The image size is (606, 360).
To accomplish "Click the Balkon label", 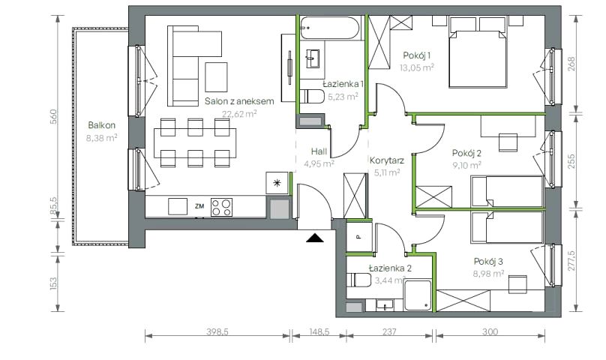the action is pos(102,125).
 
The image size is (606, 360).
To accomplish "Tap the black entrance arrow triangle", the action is pos(314,238).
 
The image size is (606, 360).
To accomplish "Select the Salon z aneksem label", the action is pos(239,101).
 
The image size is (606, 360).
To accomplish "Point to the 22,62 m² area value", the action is pos(239,114).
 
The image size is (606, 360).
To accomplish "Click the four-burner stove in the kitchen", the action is pos(221,207).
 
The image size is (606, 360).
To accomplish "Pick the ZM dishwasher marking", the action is pos(199,206).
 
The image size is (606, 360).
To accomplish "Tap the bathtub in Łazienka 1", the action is pos(330,28).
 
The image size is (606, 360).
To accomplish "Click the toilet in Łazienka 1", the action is pos(312,96).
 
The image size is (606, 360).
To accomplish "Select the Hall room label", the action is pos(319,151).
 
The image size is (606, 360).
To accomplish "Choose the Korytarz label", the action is pos(387,160).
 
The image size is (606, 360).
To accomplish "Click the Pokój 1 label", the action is pos(417,55).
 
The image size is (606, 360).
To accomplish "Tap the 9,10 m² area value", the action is pos(466,166).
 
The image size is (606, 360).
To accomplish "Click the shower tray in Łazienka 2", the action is pos(418,295).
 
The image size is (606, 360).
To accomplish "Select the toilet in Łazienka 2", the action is pos(358,280).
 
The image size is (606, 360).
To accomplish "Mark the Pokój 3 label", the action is pos(488,262).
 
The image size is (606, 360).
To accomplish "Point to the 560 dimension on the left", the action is pos(54,117).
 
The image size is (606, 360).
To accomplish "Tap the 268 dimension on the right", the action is pos(571,64).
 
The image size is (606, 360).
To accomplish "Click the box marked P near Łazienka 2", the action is pos(358,237).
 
